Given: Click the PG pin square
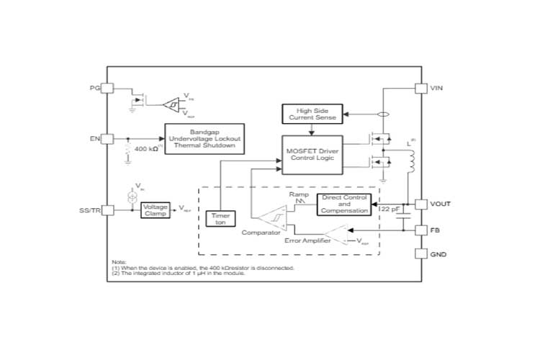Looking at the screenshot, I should point(107,88).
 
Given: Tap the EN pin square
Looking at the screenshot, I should point(107,138).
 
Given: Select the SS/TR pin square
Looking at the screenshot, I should point(107,210).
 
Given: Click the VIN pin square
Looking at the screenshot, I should point(422,88).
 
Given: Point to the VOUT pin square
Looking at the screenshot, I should point(422,204).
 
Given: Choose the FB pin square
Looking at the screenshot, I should point(422,230).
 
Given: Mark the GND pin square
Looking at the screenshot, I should point(422,254).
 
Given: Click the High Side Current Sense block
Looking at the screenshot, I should point(312,113).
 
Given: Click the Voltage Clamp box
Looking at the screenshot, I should point(156,210).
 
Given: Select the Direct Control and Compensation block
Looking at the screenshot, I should point(344,204).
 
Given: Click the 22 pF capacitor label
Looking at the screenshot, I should point(390,209).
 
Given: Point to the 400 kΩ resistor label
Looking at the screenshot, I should point(147,148).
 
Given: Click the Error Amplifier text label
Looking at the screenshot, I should point(307,240).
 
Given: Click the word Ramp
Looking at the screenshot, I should point(298,194).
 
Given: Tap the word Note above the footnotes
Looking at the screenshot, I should point(119,261).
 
